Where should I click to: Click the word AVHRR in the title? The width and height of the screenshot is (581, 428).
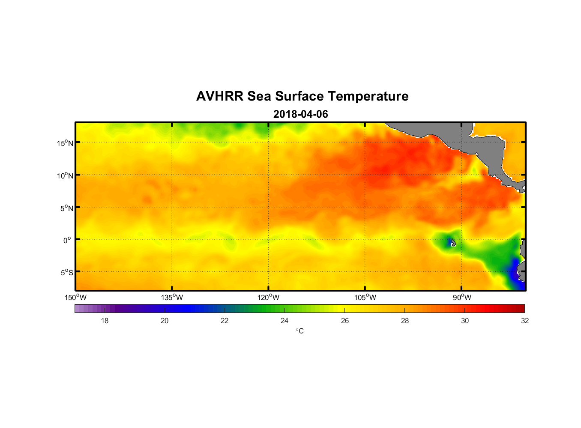pyautogui.click(x=219, y=96)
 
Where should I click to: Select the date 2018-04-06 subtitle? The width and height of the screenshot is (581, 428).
pyautogui.click(x=300, y=114)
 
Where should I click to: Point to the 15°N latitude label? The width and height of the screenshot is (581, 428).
pyautogui.click(x=65, y=143)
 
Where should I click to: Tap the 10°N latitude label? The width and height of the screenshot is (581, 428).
pyautogui.click(x=65, y=175)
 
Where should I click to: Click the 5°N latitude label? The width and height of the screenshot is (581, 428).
pyautogui.click(x=66, y=208)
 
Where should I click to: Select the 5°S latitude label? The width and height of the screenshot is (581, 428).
pyautogui.click(x=66, y=273)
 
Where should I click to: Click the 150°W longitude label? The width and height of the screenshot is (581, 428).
pyautogui.click(x=75, y=297)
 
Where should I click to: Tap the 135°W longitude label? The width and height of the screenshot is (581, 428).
pyautogui.click(x=172, y=297)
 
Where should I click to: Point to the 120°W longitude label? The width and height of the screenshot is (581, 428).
pyautogui.click(x=268, y=297)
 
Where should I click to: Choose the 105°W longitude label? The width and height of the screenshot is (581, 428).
pyautogui.click(x=365, y=297)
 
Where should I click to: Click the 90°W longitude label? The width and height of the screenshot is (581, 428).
pyautogui.click(x=461, y=297)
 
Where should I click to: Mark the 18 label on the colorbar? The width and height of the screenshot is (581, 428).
pyautogui.click(x=105, y=321)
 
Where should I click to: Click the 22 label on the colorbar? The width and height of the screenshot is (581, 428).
pyautogui.click(x=225, y=321)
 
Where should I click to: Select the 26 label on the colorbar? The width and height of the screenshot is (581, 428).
pyautogui.click(x=345, y=321)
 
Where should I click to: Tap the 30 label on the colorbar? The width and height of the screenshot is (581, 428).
pyautogui.click(x=465, y=321)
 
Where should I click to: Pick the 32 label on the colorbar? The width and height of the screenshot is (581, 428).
pyautogui.click(x=525, y=321)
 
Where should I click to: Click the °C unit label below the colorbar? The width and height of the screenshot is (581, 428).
pyautogui.click(x=299, y=331)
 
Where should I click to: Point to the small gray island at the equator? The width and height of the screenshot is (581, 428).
pyautogui.click(x=453, y=242)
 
